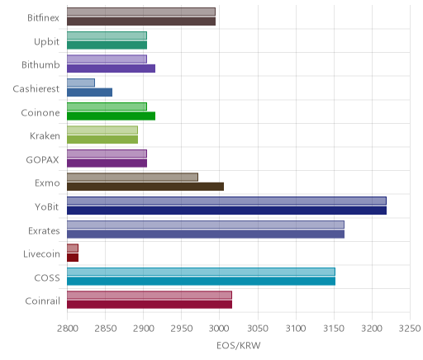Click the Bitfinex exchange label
tap(43, 18)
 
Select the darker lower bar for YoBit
tap(226, 211)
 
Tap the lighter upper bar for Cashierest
tap(81, 83)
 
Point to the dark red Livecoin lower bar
tap(73, 258)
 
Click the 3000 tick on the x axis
tap(220, 329)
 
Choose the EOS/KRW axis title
tap(239, 345)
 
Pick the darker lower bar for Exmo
tap(145, 187)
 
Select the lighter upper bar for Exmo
tap(132, 178)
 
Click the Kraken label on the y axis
tap(45, 136)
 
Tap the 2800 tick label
tap(67, 329)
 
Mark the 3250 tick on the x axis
tap(410, 329)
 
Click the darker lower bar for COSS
tap(201, 282)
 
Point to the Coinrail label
tap(42, 301)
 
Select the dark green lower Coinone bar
tap(111, 116)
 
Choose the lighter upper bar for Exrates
tap(206, 225)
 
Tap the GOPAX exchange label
tap(42, 159)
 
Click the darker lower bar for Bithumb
tap(111, 69)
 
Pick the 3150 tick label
tap(334, 329)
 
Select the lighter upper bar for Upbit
tap(107, 36)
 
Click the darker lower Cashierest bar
tap(89, 92)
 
